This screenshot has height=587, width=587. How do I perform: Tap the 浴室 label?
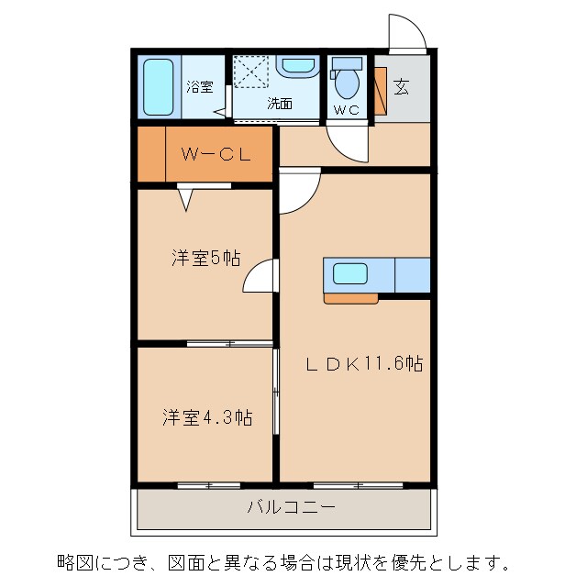point(200,87)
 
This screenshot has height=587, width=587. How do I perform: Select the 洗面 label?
point(280,104)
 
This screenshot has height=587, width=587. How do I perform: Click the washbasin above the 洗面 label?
point(295,67)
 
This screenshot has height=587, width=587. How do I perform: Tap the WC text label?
point(347,110)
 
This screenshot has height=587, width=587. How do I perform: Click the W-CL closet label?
point(215,155)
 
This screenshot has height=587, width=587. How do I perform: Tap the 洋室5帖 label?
point(205,258)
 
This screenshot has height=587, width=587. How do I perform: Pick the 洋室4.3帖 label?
point(207,417)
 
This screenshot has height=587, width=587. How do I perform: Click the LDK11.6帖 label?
point(363,363)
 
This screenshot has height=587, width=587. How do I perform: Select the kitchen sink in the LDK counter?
point(349,273)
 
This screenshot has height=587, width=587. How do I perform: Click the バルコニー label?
point(291,506)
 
